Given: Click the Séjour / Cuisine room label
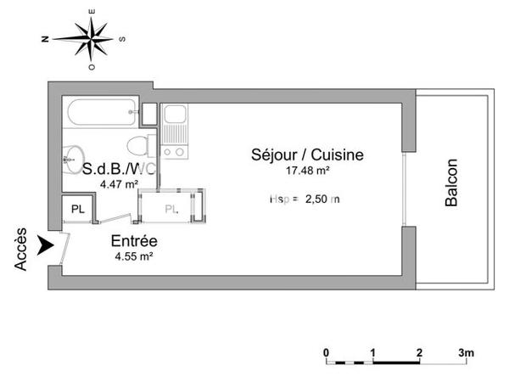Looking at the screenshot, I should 307,155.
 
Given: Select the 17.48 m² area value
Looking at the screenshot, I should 307,171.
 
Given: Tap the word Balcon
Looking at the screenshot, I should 451,183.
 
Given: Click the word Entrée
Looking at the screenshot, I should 133,241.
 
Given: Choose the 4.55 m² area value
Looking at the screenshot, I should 133,256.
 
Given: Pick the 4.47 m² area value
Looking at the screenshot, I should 119,183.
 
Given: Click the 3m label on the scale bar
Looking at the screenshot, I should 466,351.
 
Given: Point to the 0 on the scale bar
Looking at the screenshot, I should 327,351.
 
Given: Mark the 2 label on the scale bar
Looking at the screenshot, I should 419,351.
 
